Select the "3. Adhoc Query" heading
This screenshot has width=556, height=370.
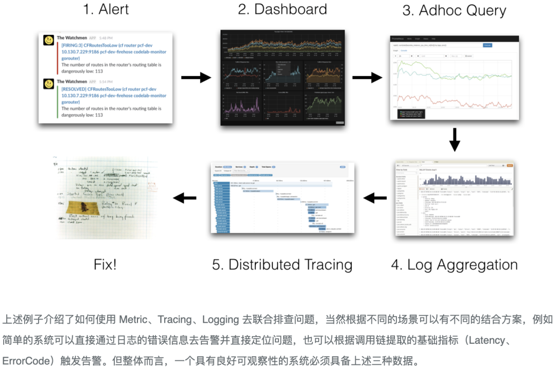454,11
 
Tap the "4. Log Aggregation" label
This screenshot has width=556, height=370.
454,265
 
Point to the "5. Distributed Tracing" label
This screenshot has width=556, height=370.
282,265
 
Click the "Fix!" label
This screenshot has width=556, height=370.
105,265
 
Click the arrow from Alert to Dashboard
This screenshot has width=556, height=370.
196,78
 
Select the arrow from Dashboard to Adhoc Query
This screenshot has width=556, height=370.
367,78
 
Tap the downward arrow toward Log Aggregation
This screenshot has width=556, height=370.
454,139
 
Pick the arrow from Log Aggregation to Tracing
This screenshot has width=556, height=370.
375,198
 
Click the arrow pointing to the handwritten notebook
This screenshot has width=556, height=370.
184,198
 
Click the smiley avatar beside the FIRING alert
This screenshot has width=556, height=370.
49,40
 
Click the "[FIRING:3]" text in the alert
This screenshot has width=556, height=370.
74,45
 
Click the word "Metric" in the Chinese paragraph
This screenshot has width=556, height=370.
133,320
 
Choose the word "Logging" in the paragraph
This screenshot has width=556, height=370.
221,320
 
